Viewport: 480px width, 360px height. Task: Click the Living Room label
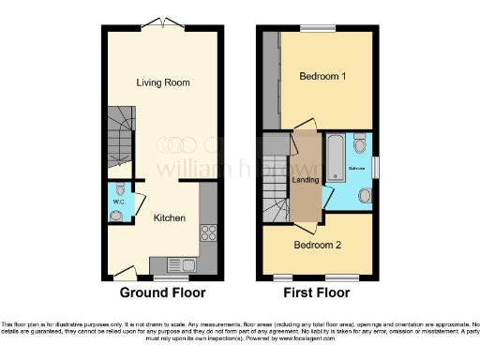pos(163,82)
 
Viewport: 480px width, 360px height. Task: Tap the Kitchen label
pos(170,218)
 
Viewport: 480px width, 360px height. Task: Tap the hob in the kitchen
pos(209,233)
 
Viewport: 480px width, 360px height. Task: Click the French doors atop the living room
pos(164,23)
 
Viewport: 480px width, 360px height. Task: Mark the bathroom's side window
pos(377,164)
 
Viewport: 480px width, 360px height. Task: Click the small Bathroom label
pos(358,168)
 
